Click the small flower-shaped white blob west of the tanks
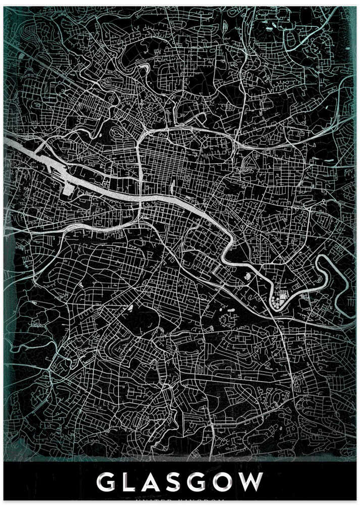point(247,277)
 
